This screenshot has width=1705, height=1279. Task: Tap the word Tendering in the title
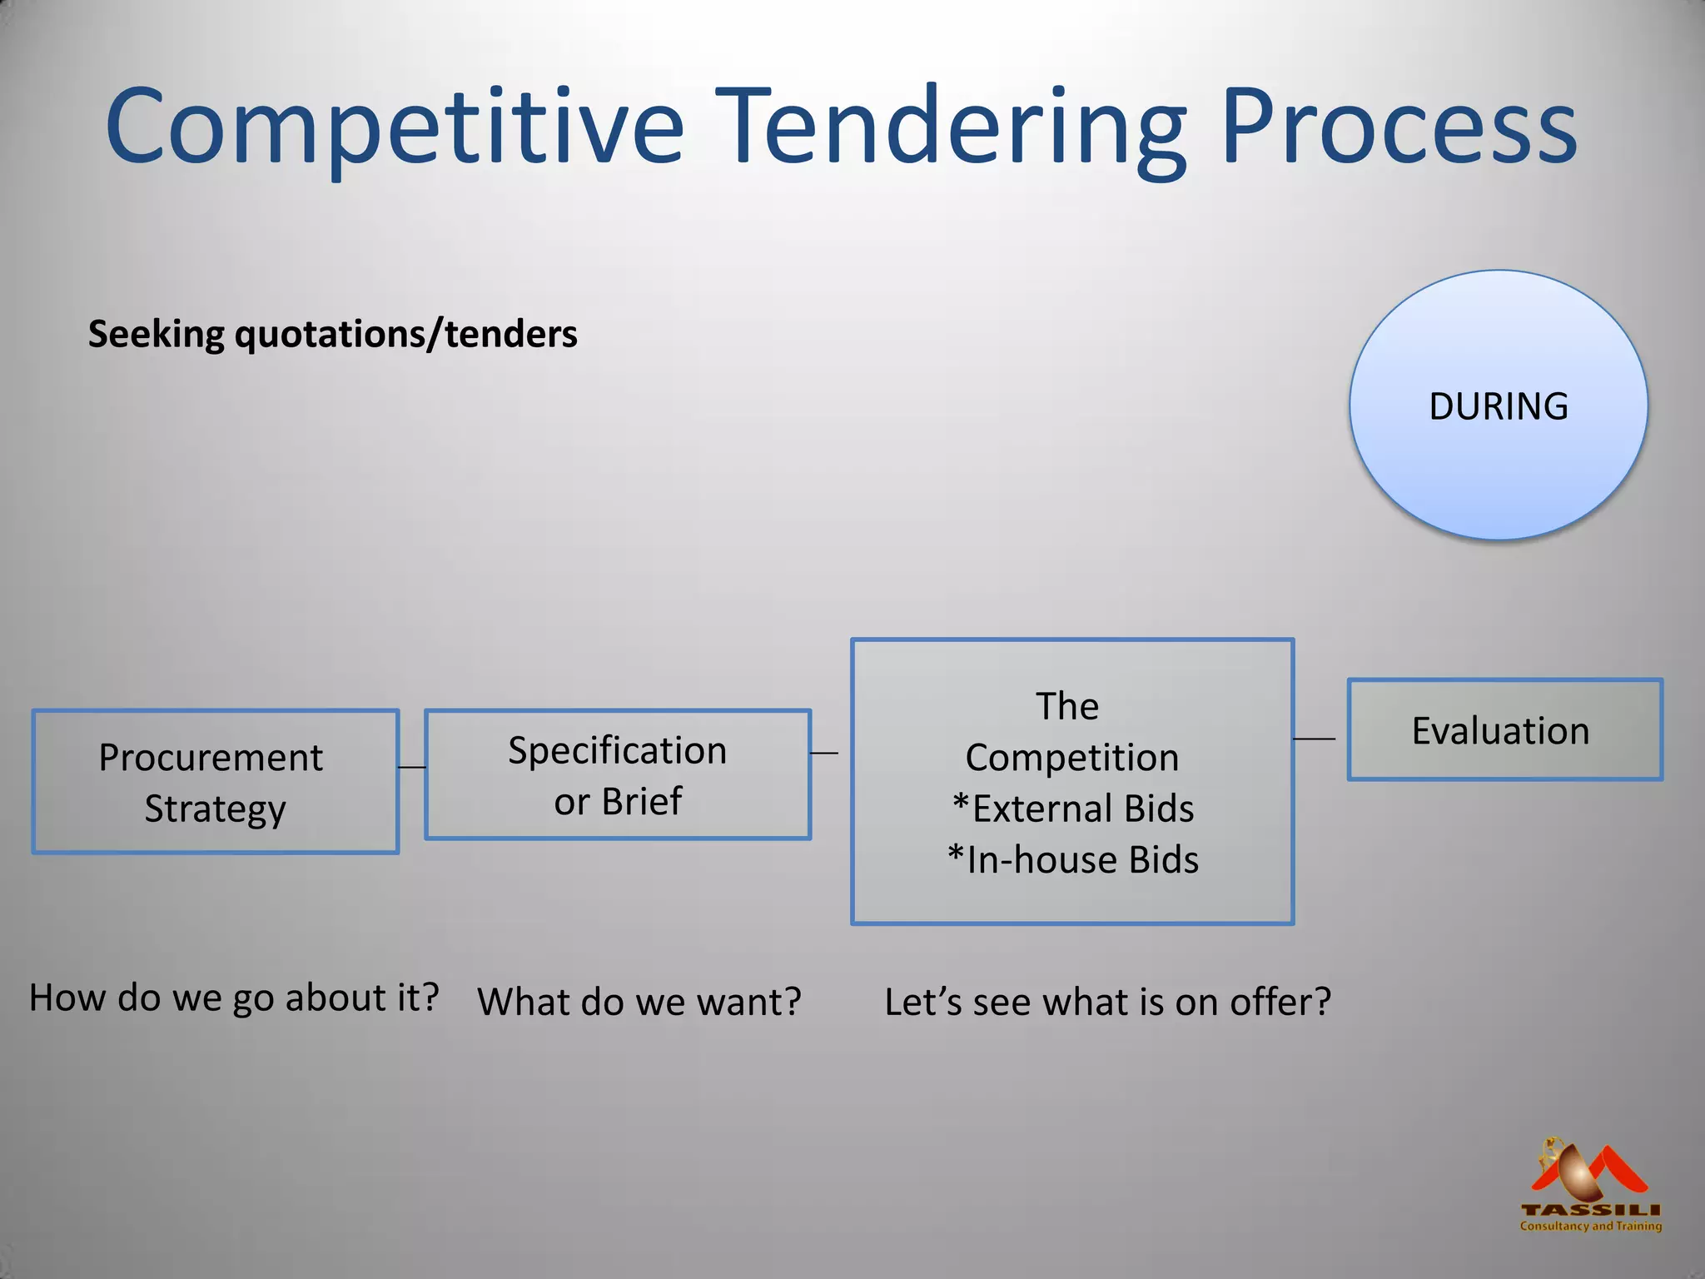[x=950, y=127]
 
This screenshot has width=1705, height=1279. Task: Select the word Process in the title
[x=1398, y=127]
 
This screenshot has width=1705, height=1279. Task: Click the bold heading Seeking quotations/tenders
[x=332, y=334]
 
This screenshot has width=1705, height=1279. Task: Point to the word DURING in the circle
[x=1498, y=406]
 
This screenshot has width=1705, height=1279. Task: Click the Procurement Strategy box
[x=215, y=782]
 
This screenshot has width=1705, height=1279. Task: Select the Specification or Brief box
[x=617, y=774]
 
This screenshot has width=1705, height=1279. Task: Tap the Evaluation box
[x=1504, y=730]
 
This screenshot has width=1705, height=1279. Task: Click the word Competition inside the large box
[x=1072, y=758]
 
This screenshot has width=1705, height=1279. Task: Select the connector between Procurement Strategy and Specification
[x=412, y=767]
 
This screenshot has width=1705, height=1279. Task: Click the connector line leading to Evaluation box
[x=1314, y=739]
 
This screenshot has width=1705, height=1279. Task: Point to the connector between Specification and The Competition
[x=824, y=753]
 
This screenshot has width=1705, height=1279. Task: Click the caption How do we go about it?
[x=234, y=998]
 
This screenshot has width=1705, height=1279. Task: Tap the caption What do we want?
[x=639, y=1002]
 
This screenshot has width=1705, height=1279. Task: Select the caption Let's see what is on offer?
[x=1107, y=1002]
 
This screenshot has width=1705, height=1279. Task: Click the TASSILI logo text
[x=1590, y=1210]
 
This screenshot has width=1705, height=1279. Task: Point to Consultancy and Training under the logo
[x=1590, y=1226]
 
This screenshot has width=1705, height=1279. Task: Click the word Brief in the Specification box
[x=642, y=802]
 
